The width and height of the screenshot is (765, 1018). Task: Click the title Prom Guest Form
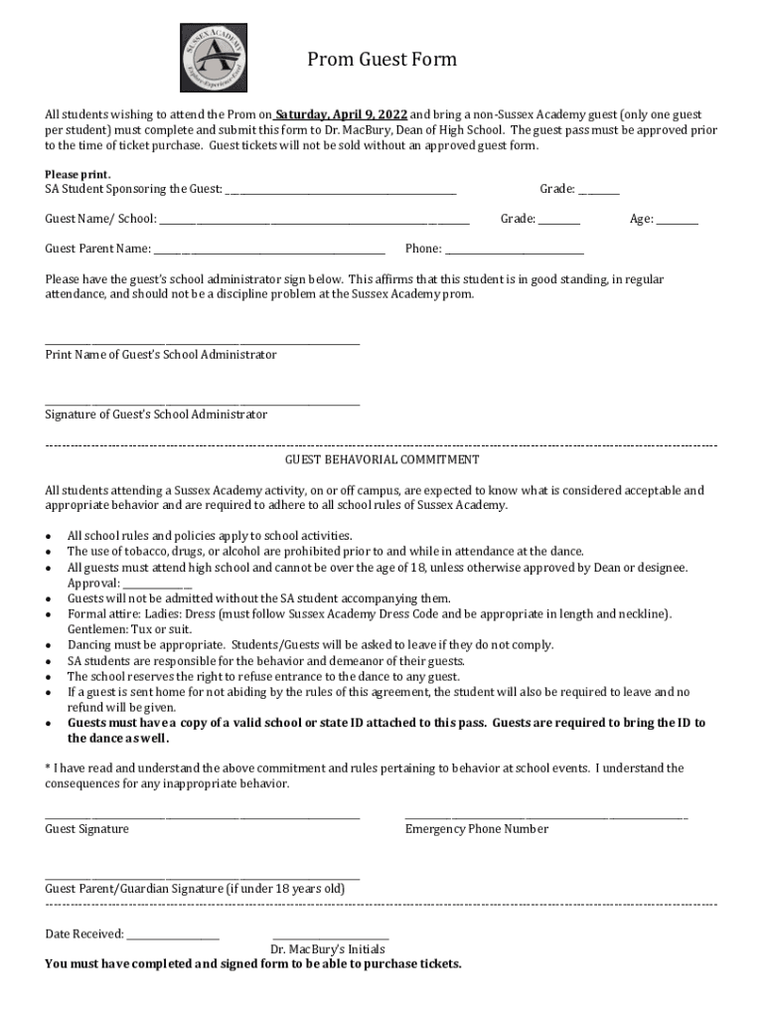tap(382, 60)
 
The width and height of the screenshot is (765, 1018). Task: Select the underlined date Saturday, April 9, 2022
tap(342, 114)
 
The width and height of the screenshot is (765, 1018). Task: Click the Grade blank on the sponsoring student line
tap(599, 191)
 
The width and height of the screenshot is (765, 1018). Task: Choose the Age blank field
tap(677, 221)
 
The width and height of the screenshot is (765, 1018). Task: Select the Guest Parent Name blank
tap(269, 251)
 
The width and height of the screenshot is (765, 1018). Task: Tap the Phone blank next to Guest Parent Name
tap(515, 251)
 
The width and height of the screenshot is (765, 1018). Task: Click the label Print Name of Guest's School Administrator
tap(161, 355)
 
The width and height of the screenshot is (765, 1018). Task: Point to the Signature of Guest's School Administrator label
tap(156, 415)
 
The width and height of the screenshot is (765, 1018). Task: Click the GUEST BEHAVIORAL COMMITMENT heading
tap(382, 460)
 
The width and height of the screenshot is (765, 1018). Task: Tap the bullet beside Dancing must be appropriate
tap(50, 646)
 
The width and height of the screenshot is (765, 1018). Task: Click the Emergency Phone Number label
tap(476, 829)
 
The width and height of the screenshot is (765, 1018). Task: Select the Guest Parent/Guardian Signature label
tap(195, 889)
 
